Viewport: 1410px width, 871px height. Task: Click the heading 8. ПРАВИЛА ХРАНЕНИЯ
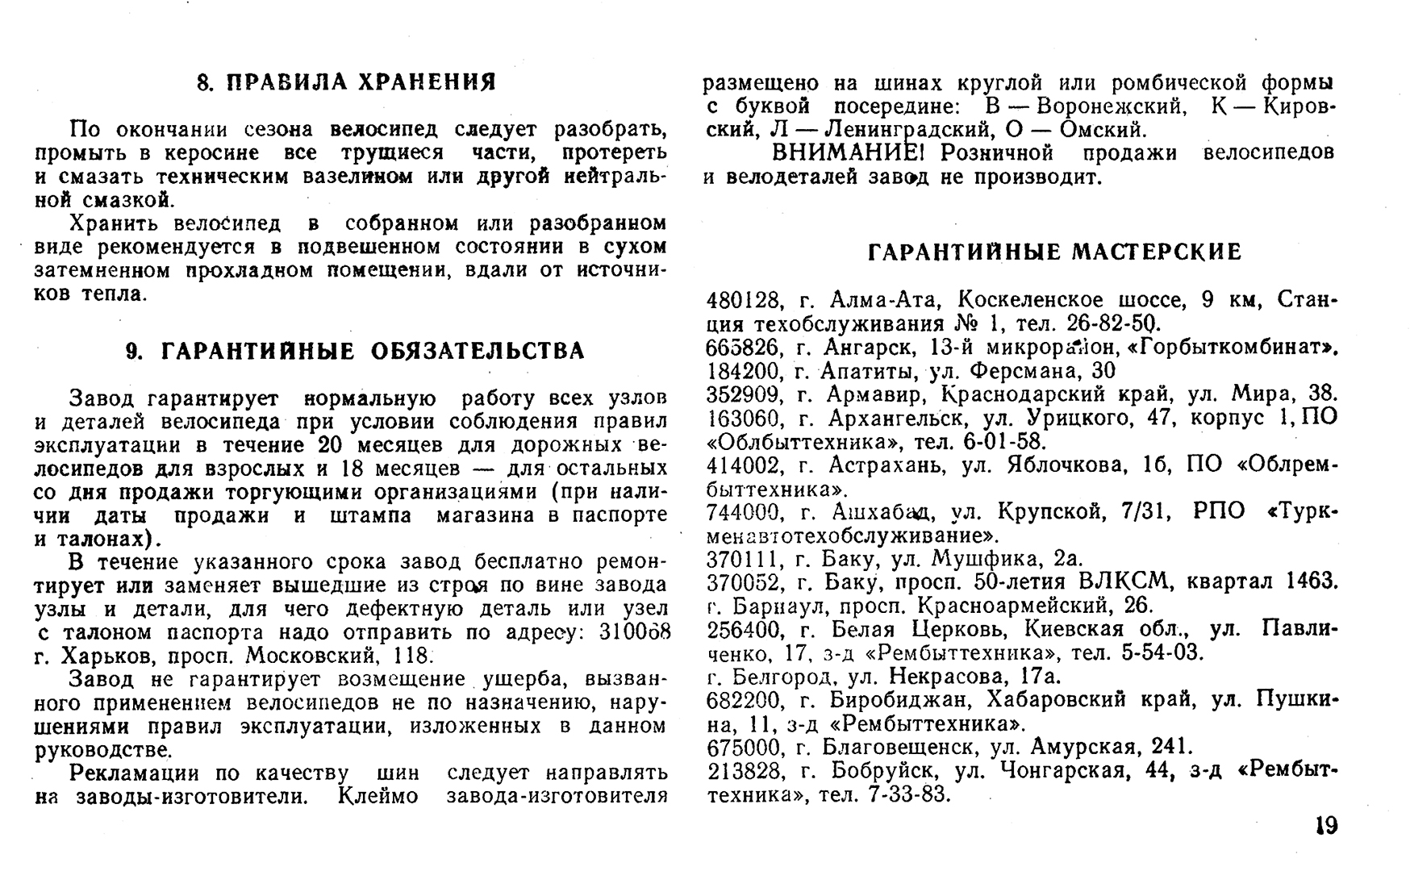[347, 82]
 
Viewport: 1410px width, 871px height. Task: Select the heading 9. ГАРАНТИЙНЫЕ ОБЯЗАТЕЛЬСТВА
[356, 351]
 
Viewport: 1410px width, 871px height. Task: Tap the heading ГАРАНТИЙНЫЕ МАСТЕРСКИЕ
[1054, 253]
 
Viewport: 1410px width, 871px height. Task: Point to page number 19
[1326, 826]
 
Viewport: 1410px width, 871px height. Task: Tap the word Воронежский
[1111, 106]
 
